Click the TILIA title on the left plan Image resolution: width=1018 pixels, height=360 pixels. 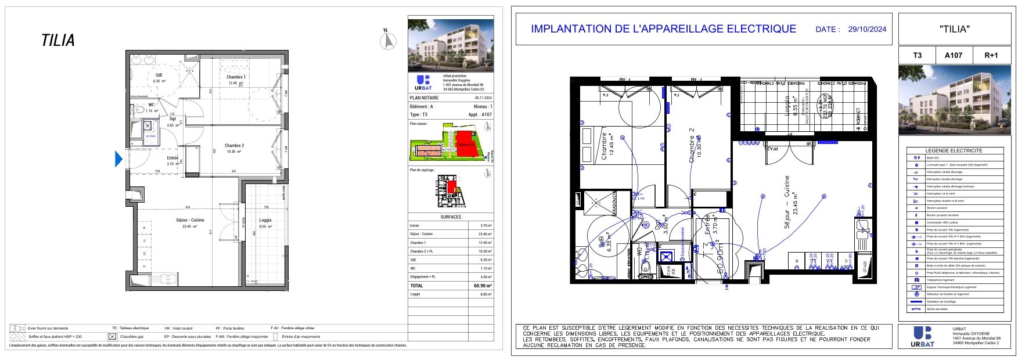coord(58,41)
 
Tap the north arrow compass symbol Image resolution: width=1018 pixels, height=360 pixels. coord(388,40)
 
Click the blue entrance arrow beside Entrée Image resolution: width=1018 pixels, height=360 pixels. coord(118,159)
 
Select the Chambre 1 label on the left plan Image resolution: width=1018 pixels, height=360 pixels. coord(236,77)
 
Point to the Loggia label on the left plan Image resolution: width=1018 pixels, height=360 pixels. coord(265,220)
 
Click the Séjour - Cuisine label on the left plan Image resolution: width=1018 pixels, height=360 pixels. coord(190,220)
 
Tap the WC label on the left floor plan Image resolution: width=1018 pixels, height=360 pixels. coord(152,105)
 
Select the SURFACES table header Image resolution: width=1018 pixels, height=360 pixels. coord(451,217)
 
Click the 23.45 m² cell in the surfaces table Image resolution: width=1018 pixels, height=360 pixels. coord(485,234)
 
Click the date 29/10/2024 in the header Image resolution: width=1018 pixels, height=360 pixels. coord(867,29)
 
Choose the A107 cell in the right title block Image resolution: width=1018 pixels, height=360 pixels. coord(954,56)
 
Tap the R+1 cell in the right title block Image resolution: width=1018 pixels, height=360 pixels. coord(991,56)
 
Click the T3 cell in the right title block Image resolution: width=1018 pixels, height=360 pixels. coord(918,56)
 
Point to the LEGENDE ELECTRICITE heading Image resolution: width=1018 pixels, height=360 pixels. coord(954,150)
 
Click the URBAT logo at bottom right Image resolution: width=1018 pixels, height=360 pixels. coord(923,337)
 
